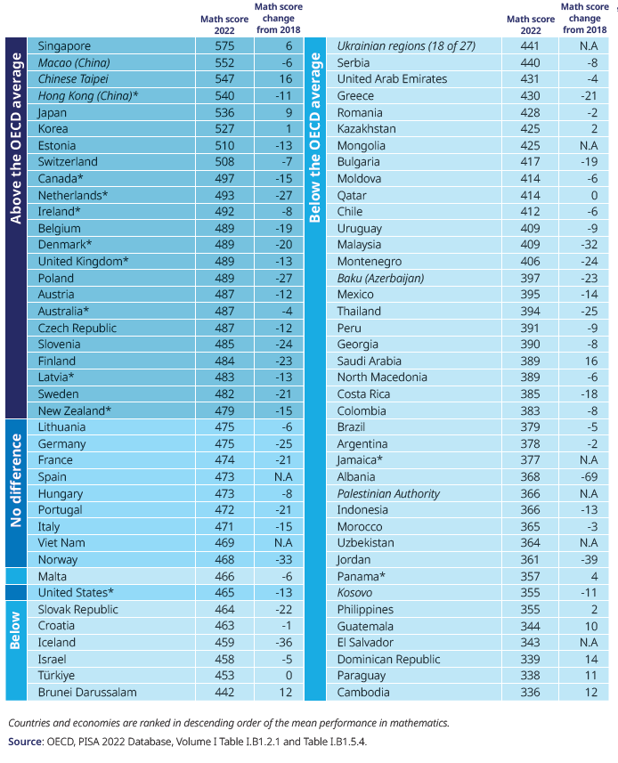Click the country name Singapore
pyautogui.click(x=64, y=45)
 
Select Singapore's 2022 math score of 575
pyautogui.click(x=224, y=45)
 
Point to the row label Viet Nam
pyautogui.click(x=61, y=542)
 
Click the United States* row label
pyautogui.click(x=76, y=592)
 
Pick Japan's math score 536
pyautogui.click(x=224, y=112)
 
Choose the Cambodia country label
pyautogui.click(x=363, y=692)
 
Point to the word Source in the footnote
pyautogui.click(x=26, y=742)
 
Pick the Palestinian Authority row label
pyautogui.click(x=388, y=493)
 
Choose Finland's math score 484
pyautogui.click(x=224, y=361)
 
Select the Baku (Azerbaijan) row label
pyautogui.click(x=380, y=278)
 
